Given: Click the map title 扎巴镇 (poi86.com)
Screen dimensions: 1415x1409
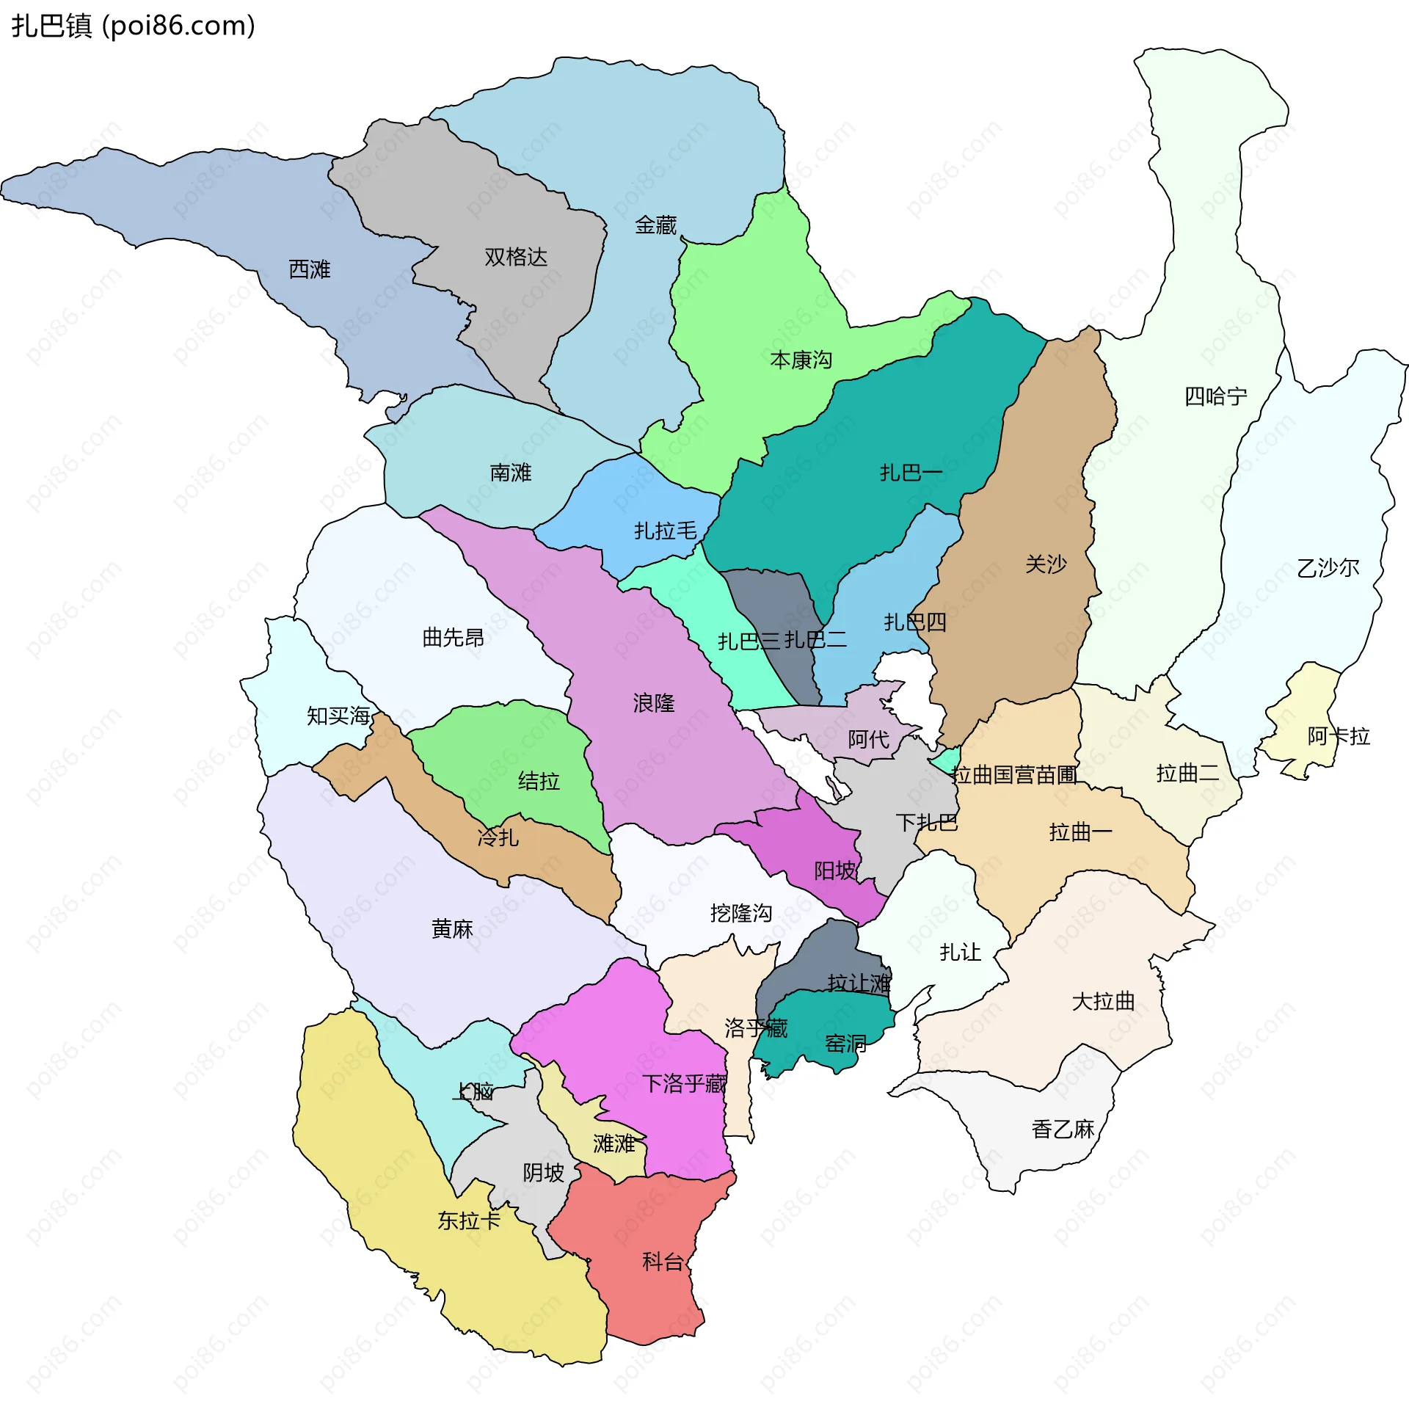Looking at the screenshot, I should coord(133,26).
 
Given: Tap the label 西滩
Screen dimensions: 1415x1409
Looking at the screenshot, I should coord(309,269).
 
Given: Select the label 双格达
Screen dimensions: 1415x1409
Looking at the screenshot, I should coord(515,257).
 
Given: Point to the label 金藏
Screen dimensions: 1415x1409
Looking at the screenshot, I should coord(655,225).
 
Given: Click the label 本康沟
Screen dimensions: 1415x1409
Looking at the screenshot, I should coord(801,360).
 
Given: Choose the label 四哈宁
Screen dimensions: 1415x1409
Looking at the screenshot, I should coord(1215,396).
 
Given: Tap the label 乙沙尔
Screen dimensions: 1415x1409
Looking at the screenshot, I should coord(1328,567).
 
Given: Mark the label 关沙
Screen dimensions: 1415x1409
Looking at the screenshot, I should coord(1045,564).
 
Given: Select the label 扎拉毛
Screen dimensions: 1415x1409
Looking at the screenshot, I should coord(665,531).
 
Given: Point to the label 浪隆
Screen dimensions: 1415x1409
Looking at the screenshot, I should coord(653,703).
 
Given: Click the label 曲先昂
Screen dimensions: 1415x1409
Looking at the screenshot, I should coord(453,637).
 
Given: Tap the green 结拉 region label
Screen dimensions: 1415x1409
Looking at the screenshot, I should coord(539,781).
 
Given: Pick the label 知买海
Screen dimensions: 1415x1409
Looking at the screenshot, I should coord(338,716).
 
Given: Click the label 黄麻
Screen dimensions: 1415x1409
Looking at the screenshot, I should coord(451,929).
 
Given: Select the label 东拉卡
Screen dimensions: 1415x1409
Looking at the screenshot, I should coord(468,1221).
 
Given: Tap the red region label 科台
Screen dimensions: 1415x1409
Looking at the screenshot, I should coord(662,1262).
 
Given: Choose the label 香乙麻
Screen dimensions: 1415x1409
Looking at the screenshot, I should coord(1062,1129).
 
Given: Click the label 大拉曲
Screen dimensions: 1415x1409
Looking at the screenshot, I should coord(1102,1001).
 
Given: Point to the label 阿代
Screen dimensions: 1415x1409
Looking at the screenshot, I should coord(867,739).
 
